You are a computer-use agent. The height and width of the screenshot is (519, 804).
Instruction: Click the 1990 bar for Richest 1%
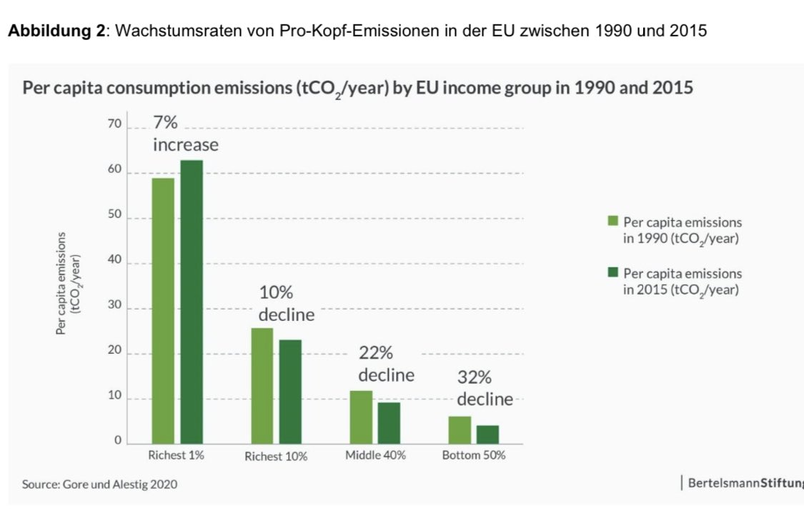163,311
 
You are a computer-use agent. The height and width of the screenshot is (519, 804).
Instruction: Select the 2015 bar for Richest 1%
192,302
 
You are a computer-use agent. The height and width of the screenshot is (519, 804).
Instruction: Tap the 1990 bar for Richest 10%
262,386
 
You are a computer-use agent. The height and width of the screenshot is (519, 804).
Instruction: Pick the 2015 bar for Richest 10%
290,392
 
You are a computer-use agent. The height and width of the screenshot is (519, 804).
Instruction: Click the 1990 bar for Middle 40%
361,417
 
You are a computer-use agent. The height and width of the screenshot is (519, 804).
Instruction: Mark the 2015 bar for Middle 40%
389,423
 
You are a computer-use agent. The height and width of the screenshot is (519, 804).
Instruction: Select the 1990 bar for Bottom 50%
460,430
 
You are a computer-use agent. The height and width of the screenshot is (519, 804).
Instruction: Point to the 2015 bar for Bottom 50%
487,435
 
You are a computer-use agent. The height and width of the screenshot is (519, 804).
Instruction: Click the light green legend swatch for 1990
612,223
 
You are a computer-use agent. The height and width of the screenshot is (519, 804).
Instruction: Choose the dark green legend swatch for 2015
612,274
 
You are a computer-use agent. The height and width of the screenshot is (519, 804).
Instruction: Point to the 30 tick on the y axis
114,308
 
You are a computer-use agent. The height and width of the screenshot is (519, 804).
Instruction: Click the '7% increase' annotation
185,134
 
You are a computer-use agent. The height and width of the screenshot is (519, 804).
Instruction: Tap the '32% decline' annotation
485,388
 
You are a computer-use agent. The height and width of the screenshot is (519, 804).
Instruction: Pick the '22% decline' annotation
386,364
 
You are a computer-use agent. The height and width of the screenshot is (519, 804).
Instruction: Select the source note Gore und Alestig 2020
99,484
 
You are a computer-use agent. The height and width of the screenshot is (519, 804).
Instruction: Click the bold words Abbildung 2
55,33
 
